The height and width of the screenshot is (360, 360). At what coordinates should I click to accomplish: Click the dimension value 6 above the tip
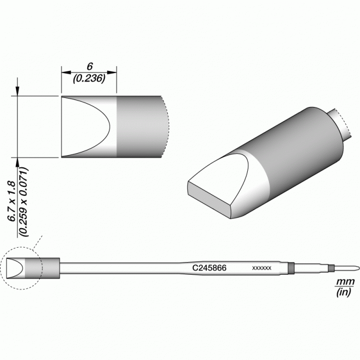click(x=89, y=66)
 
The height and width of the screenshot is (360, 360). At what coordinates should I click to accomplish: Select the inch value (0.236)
click(x=89, y=78)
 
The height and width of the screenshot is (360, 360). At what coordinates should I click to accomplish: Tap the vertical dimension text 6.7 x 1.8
click(x=12, y=201)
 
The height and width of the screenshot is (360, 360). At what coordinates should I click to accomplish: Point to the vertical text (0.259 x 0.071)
click(x=23, y=202)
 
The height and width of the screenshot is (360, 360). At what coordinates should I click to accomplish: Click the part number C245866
click(x=209, y=268)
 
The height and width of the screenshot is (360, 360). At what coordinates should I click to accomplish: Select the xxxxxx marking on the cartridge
click(x=262, y=268)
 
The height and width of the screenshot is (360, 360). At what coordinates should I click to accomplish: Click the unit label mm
click(x=345, y=282)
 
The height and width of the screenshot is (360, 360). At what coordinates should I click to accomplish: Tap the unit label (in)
click(x=344, y=292)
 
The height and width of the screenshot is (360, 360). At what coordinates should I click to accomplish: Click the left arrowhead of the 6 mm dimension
click(x=66, y=73)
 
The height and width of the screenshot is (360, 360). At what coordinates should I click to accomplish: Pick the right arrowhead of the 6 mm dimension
click(x=112, y=73)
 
